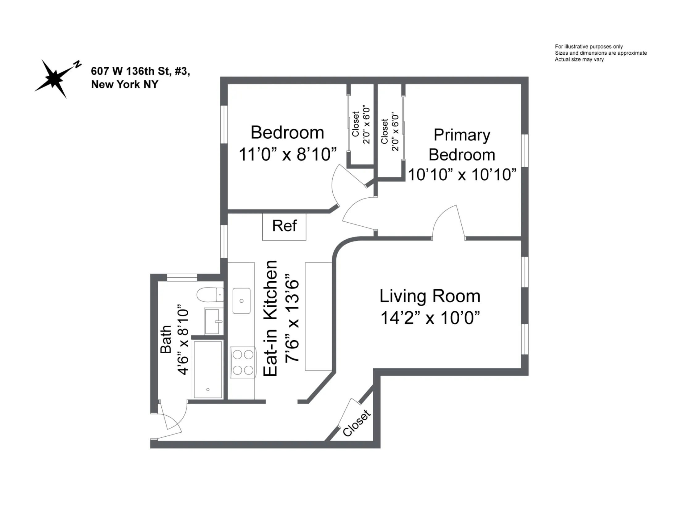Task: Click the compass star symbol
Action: click(x=53, y=78)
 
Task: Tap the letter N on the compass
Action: click(x=77, y=64)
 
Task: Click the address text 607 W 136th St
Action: click(x=140, y=71)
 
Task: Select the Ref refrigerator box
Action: click(x=284, y=226)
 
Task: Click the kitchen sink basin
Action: click(x=241, y=300)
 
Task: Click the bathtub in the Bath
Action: click(x=208, y=369)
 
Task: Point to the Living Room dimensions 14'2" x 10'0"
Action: click(x=430, y=318)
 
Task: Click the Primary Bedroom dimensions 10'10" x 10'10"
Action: click(x=462, y=174)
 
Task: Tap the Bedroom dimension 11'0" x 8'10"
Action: click(x=288, y=154)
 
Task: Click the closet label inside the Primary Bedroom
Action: click(x=385, y=131)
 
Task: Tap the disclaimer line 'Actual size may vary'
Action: click(x=579, y=59)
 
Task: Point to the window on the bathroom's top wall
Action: click(x=182, y=277)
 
